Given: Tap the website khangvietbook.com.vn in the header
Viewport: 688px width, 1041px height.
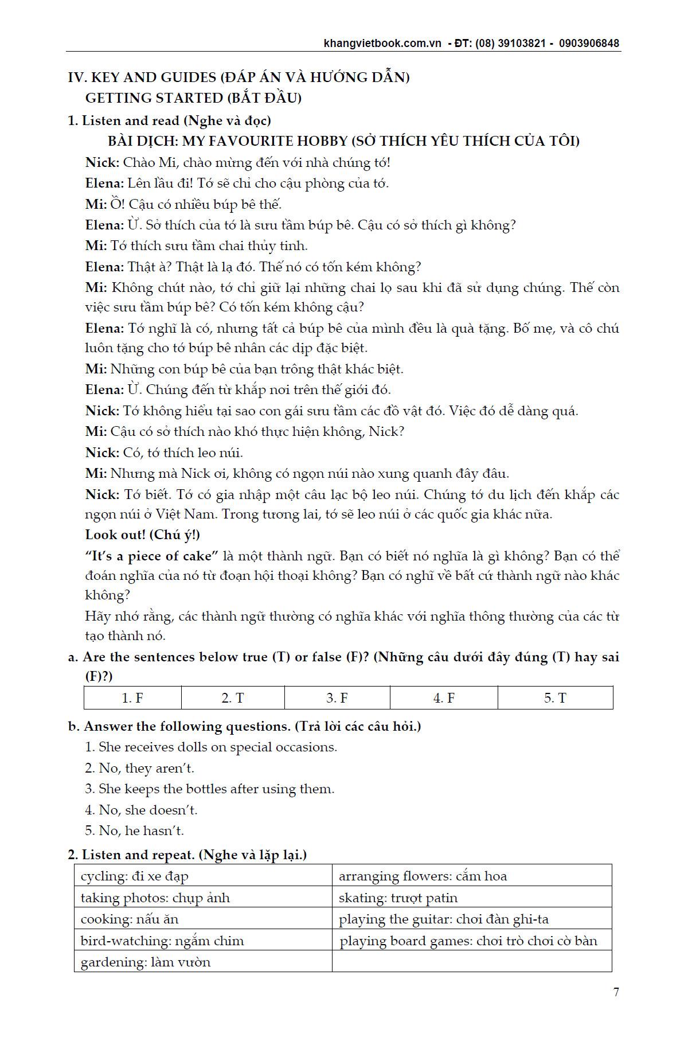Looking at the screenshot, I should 382,44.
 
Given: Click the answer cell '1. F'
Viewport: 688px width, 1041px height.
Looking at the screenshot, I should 132,698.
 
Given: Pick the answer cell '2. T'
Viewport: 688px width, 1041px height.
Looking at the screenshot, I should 233,698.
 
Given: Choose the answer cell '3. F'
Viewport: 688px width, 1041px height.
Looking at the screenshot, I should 337,698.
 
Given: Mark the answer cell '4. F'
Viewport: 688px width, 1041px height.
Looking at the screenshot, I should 444,698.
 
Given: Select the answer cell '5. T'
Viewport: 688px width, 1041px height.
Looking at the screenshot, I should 555,698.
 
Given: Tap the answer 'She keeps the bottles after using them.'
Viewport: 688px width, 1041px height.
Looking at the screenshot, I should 210,789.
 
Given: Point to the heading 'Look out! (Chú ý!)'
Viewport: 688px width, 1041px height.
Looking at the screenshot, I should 143,535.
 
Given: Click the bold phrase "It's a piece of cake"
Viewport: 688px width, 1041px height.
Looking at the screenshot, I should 152,556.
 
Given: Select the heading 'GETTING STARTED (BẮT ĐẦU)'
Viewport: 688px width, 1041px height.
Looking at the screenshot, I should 193,98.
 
